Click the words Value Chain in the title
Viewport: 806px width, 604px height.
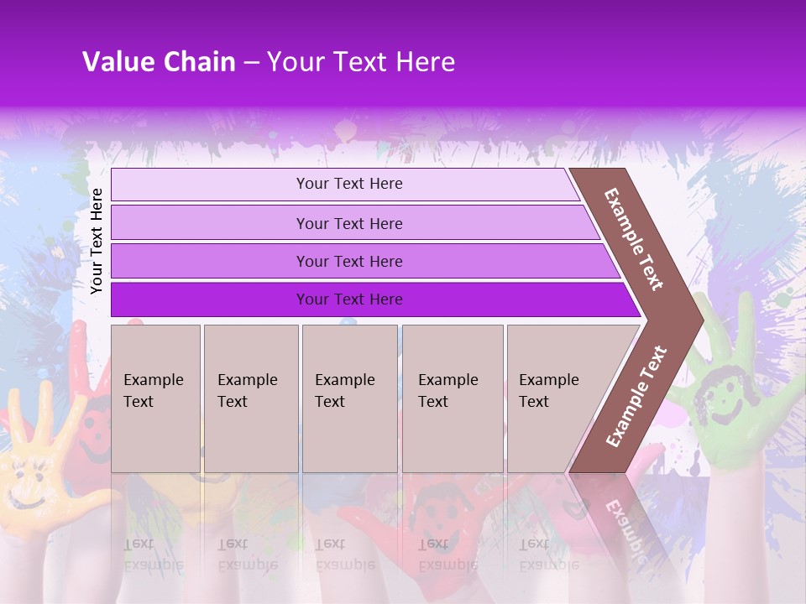pyautogui.click(x=159, y=62)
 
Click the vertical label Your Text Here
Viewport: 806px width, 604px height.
pyautogui.click(x=97, y=241)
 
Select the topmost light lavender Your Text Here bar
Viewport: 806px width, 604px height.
pyautogui.click(x=348, y=184)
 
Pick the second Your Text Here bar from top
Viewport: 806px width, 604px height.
pyautogui.click(x=348, y=223)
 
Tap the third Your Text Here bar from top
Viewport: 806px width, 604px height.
pyautogui.click(x=348, y=261)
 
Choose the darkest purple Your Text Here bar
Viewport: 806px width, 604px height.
pyautogui.click(x=348, y=299)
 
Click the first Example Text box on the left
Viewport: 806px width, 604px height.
pyautogui.click(x=155, y=398)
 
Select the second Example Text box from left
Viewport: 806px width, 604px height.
pyautogui.click(x=250, y=398)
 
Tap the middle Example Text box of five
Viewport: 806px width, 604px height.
pyautogui.click(x=349, y=398)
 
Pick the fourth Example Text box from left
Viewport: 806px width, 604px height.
pyautogui.click(x=453, y=398)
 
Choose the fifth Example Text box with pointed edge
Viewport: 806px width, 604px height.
pyautogui.click(x=554, y=398)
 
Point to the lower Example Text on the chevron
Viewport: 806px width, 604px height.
pyautogui.click(x=636, y=397)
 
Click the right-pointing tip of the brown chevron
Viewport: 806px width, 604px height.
pyautogui.click(x=697, y=320)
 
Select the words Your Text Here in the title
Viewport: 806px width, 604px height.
pyautogui.click(x=361, y=62)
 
